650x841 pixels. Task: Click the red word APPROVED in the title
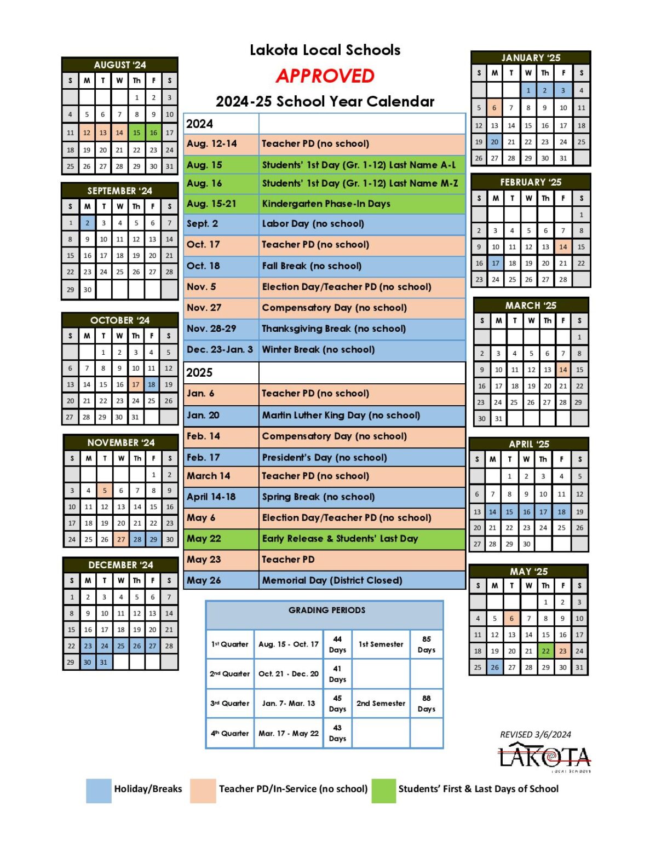(325, 76)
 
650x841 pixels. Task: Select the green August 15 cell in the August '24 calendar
(136, 133)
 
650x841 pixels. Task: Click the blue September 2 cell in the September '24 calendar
(87, 223)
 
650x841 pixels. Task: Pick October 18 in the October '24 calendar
(152, 384)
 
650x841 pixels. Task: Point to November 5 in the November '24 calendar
(105, 491)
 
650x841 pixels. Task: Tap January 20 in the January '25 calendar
(494, 142)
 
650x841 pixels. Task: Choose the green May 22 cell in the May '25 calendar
(545, 651)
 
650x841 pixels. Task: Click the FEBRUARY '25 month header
(531, 182)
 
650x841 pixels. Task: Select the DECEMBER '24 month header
(120, 564)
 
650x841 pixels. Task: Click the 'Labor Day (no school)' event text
(313, 223)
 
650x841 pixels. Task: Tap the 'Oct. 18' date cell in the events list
(203, 266)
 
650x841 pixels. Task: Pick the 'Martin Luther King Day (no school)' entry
(341, 415)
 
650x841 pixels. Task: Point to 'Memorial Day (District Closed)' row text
(332, 580)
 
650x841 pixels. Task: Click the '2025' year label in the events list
(199, 372)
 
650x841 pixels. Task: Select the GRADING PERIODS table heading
(326, 610)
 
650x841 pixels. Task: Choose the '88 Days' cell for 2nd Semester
(426, 704)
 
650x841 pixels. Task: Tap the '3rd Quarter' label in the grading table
(230, 704)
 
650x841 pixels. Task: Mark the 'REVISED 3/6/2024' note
(535, 735)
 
